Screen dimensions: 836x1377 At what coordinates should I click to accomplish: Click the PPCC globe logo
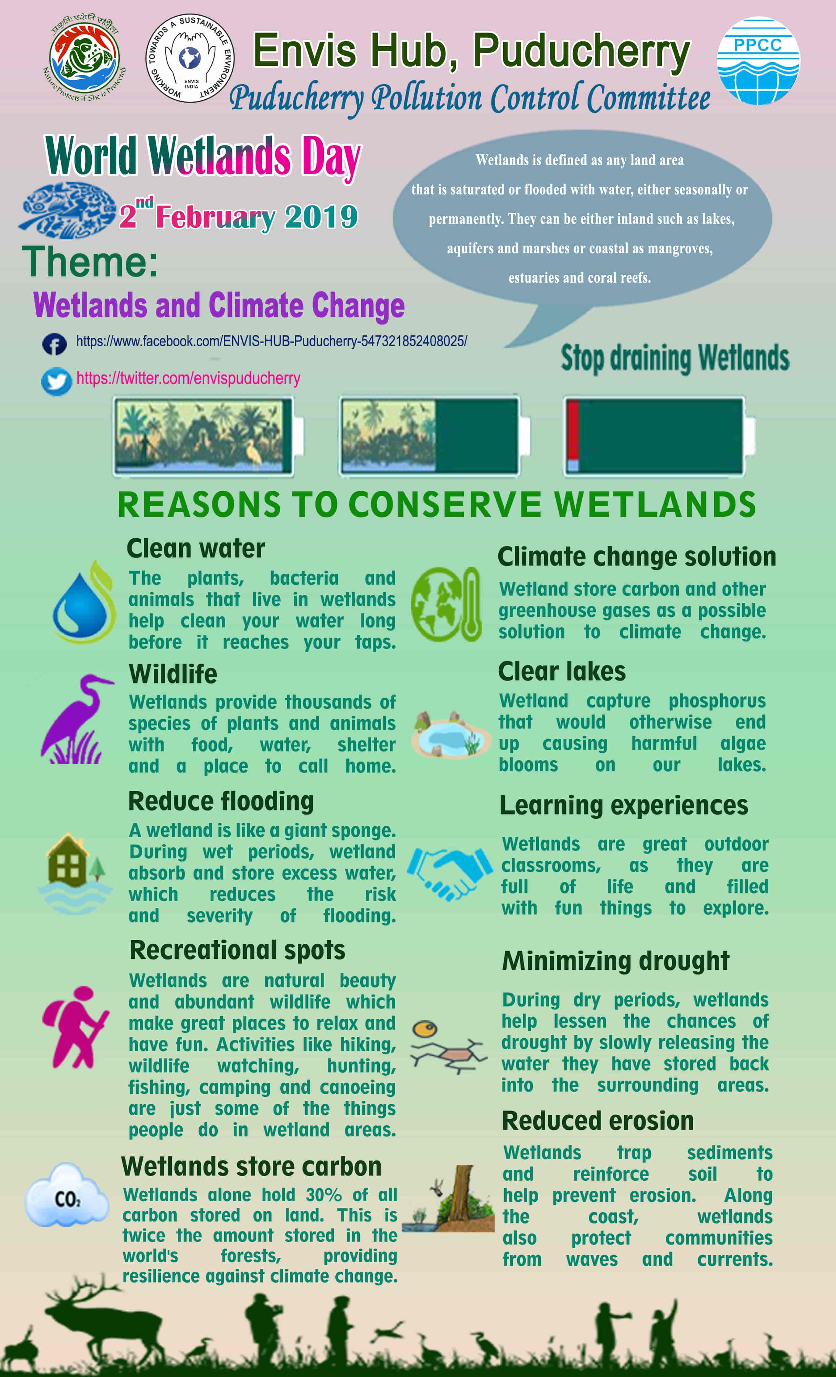758,60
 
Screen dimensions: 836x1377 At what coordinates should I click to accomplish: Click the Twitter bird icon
56,382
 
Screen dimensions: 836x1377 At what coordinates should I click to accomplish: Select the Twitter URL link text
188,378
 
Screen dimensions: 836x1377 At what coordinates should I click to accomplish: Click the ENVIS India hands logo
190,58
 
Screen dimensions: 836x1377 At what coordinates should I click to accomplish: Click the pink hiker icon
75,1027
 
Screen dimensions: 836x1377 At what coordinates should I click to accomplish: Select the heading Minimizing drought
615,961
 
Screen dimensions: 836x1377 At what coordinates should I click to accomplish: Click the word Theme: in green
90,262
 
